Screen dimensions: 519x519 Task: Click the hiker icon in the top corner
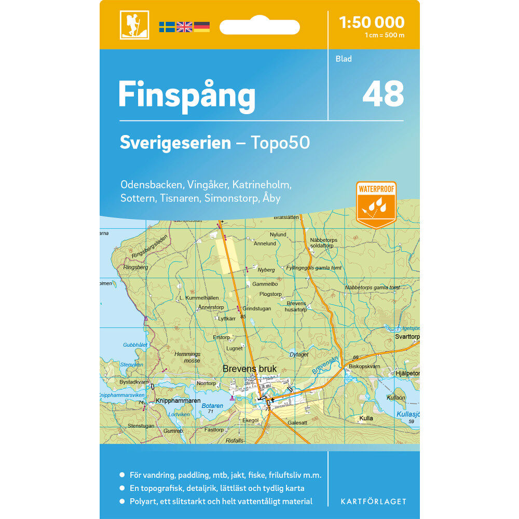[134, 25]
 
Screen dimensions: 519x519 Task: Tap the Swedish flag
[167, 27]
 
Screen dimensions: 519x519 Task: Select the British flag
[184, 27]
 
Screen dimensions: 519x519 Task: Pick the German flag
[202, 27]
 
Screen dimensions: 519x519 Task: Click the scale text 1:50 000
[371, 22]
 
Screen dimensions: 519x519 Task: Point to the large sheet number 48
[383, 94]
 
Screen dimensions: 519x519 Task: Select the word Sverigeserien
[175, 143]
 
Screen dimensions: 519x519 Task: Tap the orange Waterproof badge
[376, 204]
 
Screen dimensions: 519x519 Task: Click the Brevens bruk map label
[250, 369]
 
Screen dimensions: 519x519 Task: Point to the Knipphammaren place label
[178, 401]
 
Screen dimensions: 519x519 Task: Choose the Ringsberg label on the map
[136, 267]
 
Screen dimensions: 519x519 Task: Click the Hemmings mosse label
[187, 357]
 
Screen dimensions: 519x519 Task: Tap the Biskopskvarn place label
[364, 365]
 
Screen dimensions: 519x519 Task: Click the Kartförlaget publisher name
[373, 501]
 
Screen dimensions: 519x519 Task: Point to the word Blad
[344, 59]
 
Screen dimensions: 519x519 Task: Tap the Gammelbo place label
[265, 284]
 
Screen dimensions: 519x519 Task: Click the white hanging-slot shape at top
[259, 26]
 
